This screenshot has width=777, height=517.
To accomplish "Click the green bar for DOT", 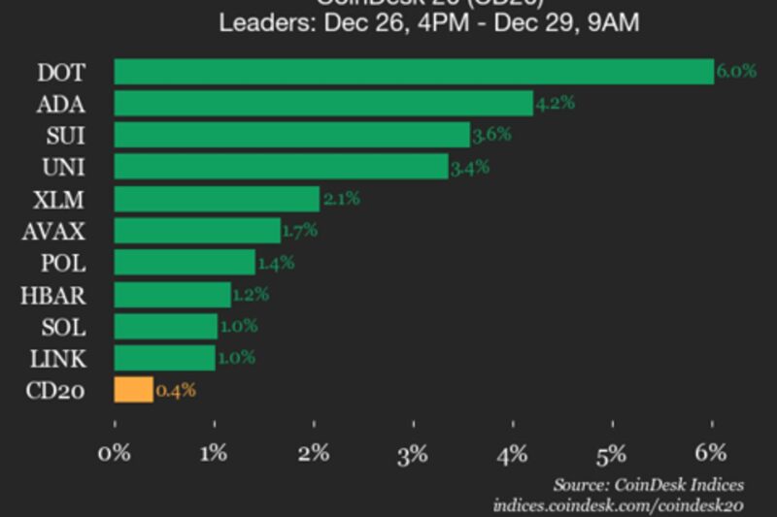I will pyautogui.click(x=414, y=72).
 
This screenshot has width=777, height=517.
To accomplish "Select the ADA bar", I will pyautogui.click(x=323, y=104).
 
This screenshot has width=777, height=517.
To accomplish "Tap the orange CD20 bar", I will pyautogui.click(x=133, y=390).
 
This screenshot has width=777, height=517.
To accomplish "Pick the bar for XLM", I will pyautogui.click(x=217, y=199).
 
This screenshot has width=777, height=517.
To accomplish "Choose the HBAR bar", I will pyautogui.click(x=172, y=295).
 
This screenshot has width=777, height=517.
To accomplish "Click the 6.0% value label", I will pyautogui.click(x=736, y=72).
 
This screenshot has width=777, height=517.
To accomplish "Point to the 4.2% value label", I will pyautogui.click(x=555, y=104).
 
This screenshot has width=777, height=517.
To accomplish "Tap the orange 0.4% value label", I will pyautogui.click(x=176, y=391).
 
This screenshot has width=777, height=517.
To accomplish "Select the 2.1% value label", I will pyautogui.click(x=341, y=199).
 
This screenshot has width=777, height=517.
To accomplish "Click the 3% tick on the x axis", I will pyautogui.click(x=414, y=452).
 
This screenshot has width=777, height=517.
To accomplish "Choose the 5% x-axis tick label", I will pyautogui.click(x=613, y=452).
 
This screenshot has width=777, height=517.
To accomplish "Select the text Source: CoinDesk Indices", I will pyautogui.click(x=648, y=484).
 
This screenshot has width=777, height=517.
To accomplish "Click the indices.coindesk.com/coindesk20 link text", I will pyautogui.click(x=618, y=505).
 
